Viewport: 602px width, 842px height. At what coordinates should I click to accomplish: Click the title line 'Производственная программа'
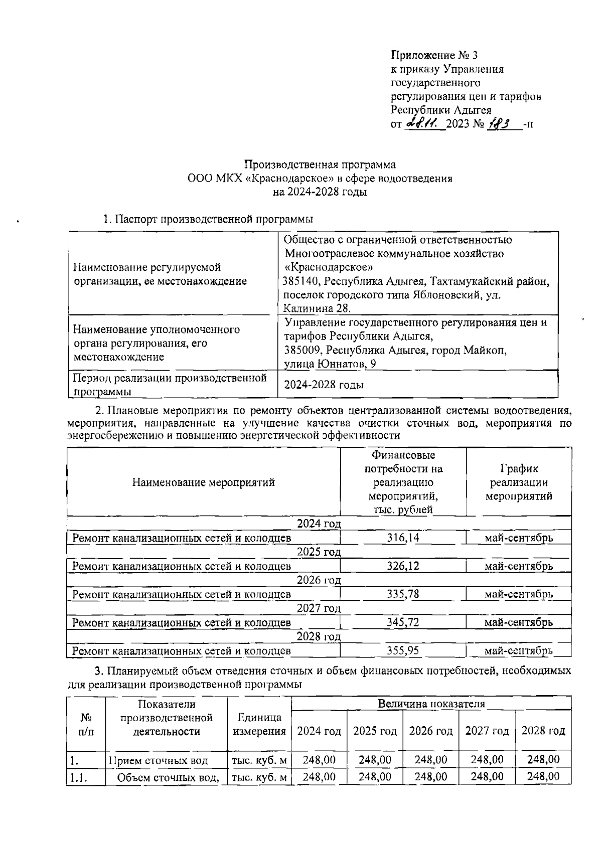tap(320, 164)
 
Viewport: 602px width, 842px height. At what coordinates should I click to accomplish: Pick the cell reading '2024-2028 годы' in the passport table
tap(324, 385)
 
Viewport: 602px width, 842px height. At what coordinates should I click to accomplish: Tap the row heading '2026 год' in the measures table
tap(319, 580)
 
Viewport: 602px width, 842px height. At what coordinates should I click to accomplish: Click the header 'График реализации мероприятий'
tap(519, 482)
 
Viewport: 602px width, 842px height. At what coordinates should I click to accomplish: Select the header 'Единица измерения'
tap(259, 724)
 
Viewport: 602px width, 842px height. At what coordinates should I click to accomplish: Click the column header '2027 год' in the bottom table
tap(487, 731)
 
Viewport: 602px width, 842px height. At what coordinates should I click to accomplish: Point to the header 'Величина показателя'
tap(431, 704)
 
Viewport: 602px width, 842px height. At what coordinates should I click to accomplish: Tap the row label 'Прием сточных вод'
tap(158, 760)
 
